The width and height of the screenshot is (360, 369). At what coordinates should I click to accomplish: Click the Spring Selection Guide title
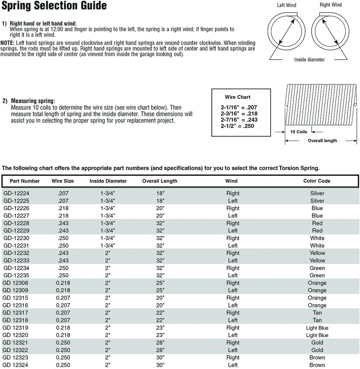[x=54, y=6]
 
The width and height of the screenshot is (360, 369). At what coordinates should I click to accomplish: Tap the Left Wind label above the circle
[x=286, y=5]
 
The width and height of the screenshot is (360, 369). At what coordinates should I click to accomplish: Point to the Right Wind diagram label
[x=330, y=5]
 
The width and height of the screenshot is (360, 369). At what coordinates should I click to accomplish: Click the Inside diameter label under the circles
[x=309, y=60]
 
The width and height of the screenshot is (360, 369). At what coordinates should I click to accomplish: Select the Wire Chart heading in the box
[x=237, y=97]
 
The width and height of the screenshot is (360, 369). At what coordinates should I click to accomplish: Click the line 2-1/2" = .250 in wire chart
[x=237, y=126]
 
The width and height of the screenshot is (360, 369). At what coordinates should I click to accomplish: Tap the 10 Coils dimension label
[x=298, y=132]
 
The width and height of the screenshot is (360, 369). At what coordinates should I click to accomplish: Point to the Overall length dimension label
[x=322, y=141]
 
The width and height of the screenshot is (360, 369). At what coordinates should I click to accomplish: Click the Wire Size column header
[x=63, y=181]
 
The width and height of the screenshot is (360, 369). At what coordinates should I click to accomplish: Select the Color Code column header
[x=317, y=181]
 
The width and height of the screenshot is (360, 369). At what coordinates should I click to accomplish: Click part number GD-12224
[x=16, y=193]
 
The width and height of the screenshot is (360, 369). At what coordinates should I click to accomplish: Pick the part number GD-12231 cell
[x=16, y=246]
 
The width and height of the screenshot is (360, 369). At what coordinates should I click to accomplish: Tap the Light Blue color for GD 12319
[x=317, y=328]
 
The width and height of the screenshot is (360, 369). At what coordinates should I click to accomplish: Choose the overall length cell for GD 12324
[x=160, y=365]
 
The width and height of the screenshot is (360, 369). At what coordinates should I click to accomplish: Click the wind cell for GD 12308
[x=233, y=283]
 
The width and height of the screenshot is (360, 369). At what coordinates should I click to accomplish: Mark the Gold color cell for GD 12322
[x=317, y=350]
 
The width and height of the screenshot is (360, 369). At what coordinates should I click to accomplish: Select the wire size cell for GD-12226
[x=63, y=208]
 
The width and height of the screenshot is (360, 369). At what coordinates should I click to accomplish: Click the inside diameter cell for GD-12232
[x=108, y=253]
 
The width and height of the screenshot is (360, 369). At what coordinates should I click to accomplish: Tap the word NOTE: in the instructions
[x=7, y=43]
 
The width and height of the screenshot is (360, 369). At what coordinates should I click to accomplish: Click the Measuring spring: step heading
[x=33, y=101]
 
